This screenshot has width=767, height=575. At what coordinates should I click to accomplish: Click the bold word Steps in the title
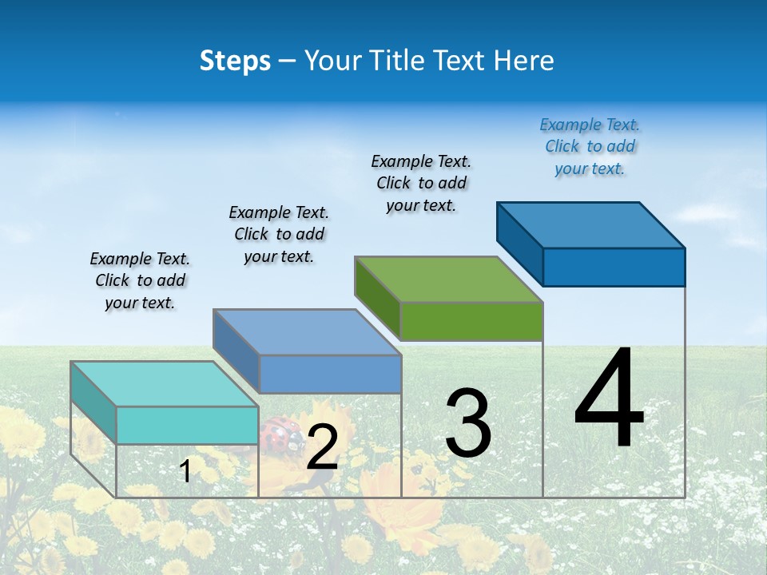click(x=235, y=61)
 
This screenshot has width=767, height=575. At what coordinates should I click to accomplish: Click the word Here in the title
click(x=524, y=61)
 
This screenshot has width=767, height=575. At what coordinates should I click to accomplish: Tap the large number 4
click(x=609, y=399)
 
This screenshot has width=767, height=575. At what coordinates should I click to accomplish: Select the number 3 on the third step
click(x=468, y=424)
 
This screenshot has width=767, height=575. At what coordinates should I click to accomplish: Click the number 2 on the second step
click(x=322, y=447)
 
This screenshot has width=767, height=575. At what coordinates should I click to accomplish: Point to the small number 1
click(x=185, y=471)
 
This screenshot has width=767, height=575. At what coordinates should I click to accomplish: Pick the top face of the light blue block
click(x=307, y=332)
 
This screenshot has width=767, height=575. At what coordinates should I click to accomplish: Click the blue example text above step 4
click(x=590, y=147)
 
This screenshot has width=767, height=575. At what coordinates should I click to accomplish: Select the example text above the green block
click(x=421, y=183)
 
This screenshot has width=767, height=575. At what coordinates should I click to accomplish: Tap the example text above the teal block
click(x=140, y=280)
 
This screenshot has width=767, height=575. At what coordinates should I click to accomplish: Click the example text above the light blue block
click(x=279, y=234)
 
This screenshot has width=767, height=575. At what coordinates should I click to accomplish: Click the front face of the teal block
click(x=187, y=425)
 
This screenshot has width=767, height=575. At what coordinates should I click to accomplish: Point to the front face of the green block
click(x=471, y=322)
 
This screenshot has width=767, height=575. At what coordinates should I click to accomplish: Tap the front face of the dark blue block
click(x=614, y=267)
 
